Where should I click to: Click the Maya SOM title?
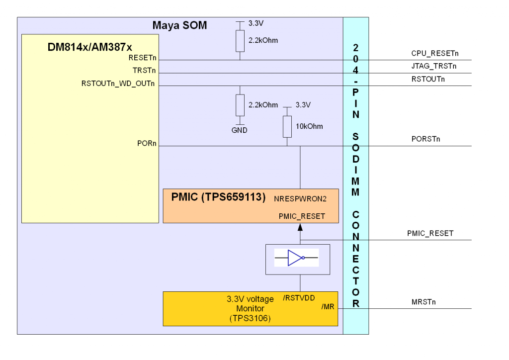pos(179,25)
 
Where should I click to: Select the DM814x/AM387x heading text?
pos(90,47)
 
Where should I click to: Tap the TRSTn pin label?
pos(144,71)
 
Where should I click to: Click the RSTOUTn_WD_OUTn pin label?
pos(119,84)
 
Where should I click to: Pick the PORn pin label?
pos(147,144)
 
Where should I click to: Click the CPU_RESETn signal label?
pos(434,53)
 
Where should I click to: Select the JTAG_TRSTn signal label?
pos(433,66)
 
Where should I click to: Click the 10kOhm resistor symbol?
pos(287,127)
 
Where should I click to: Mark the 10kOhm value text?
pos(309,126)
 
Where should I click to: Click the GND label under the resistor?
pos(240,130)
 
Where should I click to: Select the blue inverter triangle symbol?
pos(295,258)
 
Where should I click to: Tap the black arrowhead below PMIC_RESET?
pos(300,227)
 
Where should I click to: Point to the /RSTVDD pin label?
pos(299,298)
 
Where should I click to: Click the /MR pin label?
pos(328,307)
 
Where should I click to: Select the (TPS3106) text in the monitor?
pos(250,319)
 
